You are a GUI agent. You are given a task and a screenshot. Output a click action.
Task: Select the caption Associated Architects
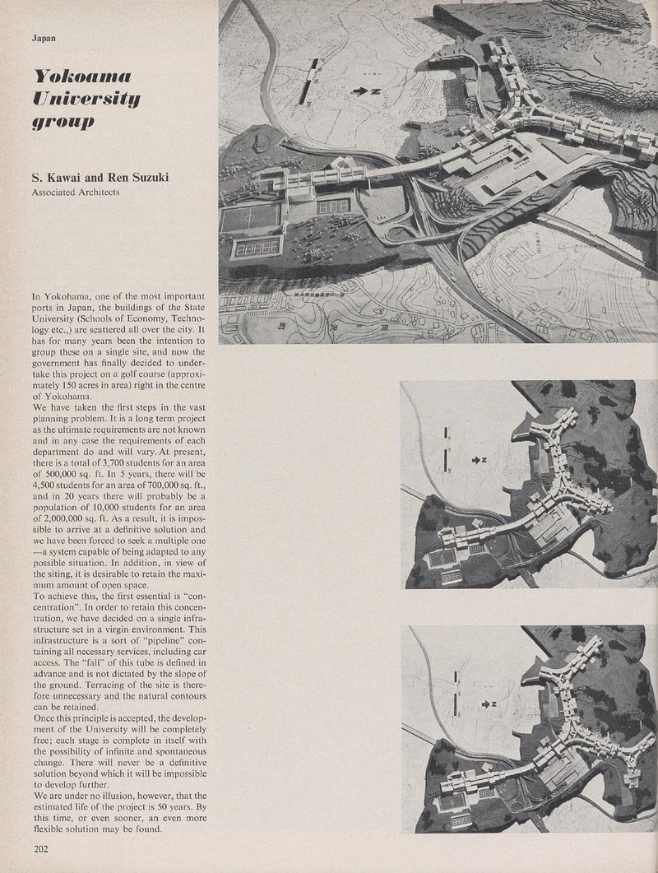click(x=76, y=193)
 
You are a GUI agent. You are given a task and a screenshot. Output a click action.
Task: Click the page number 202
click(x=42, y=848)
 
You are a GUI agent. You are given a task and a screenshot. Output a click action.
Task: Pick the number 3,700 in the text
click(x=116, y=466)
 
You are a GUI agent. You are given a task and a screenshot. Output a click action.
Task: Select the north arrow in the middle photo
click(x=478, y=460)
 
